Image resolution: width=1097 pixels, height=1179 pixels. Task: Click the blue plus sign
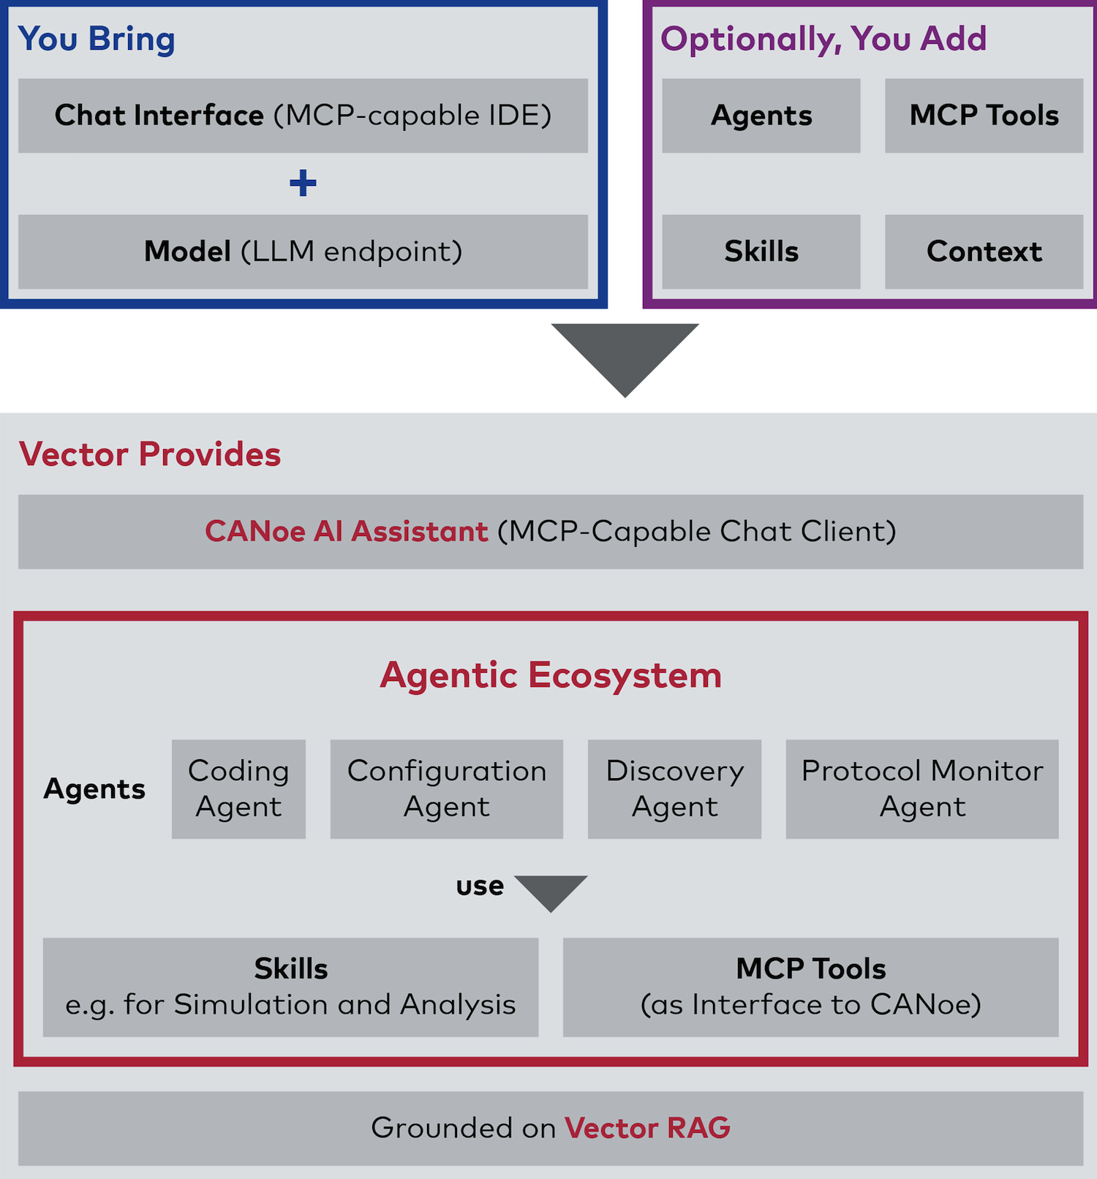[x=303, y=183]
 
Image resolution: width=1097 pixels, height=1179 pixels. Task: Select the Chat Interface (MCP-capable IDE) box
[x=303, y=116]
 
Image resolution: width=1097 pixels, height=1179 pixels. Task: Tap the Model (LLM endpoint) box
[x=303, y=252]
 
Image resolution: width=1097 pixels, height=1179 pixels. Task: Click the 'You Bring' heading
[x=97, y=39]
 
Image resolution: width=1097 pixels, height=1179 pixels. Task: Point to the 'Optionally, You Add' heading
[x=823, y=39]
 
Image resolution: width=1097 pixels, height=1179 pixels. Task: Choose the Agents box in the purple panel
[x=761, y=116]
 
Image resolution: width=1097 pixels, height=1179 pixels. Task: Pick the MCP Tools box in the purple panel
[x=984, y=116]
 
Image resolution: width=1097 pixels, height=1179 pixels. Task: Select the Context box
[x=984, y=252]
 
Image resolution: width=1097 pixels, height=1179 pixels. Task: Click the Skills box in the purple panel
[x=761, y=252]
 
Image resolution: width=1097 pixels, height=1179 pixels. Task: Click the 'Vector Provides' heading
[x=150, y=454]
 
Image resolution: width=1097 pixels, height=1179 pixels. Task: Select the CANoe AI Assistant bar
[x=551, y=532]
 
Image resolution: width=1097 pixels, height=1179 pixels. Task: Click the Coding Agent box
[x=238, y=789]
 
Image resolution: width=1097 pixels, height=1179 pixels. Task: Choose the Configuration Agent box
[x=447, y=789]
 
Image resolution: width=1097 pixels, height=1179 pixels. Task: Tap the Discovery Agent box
[x=674, y=789]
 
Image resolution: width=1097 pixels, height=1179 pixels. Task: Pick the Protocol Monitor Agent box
[x=922, y=789]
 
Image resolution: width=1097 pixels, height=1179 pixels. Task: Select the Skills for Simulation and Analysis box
[x=290, y=987]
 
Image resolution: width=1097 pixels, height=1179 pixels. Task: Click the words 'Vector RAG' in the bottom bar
[x=647, y=1129]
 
